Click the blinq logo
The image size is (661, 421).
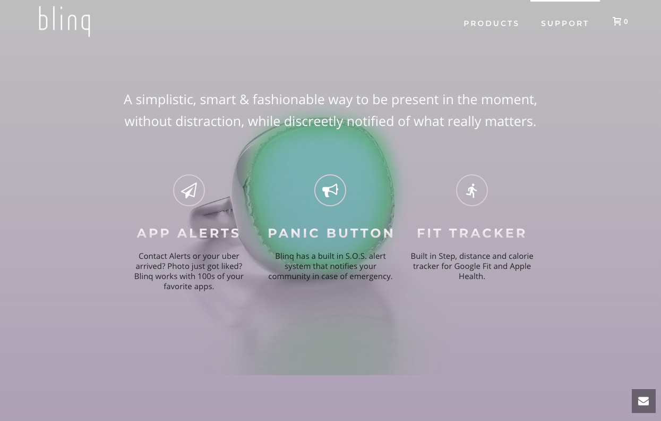click(64, 21)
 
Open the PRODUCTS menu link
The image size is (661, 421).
click(491, 23)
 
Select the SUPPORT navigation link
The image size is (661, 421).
click(565, 23)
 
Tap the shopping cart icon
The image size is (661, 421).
click(617, 21)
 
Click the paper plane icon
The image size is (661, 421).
click(189, 190)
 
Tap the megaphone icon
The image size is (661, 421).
click(330, 190)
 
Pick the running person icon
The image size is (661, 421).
click(472, 190)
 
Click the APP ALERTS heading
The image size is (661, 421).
click(188, 233)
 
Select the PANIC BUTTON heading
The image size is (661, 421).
click(331, 233)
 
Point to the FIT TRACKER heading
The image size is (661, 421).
click(471, 233)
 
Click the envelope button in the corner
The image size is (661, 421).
click(643, 401)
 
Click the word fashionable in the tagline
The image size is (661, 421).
click(288, 99)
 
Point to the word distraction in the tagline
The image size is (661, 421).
click(210, 121)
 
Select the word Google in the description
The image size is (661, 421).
click(468, 266)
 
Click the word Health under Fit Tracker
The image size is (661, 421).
click(472, 276)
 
